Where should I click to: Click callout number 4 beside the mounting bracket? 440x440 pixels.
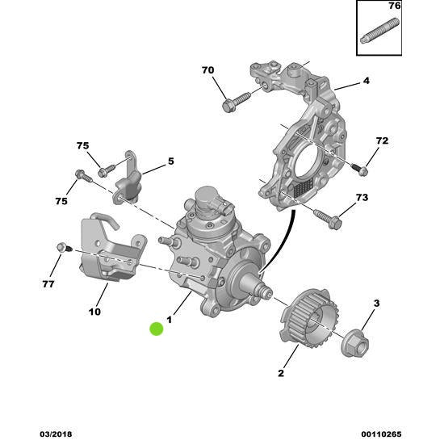365,81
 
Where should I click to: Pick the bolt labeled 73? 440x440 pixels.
325,216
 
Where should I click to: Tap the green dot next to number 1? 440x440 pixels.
157,329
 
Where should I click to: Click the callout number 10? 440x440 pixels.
94,311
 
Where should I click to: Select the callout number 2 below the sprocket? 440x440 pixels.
281,373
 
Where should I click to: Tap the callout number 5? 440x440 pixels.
170,161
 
